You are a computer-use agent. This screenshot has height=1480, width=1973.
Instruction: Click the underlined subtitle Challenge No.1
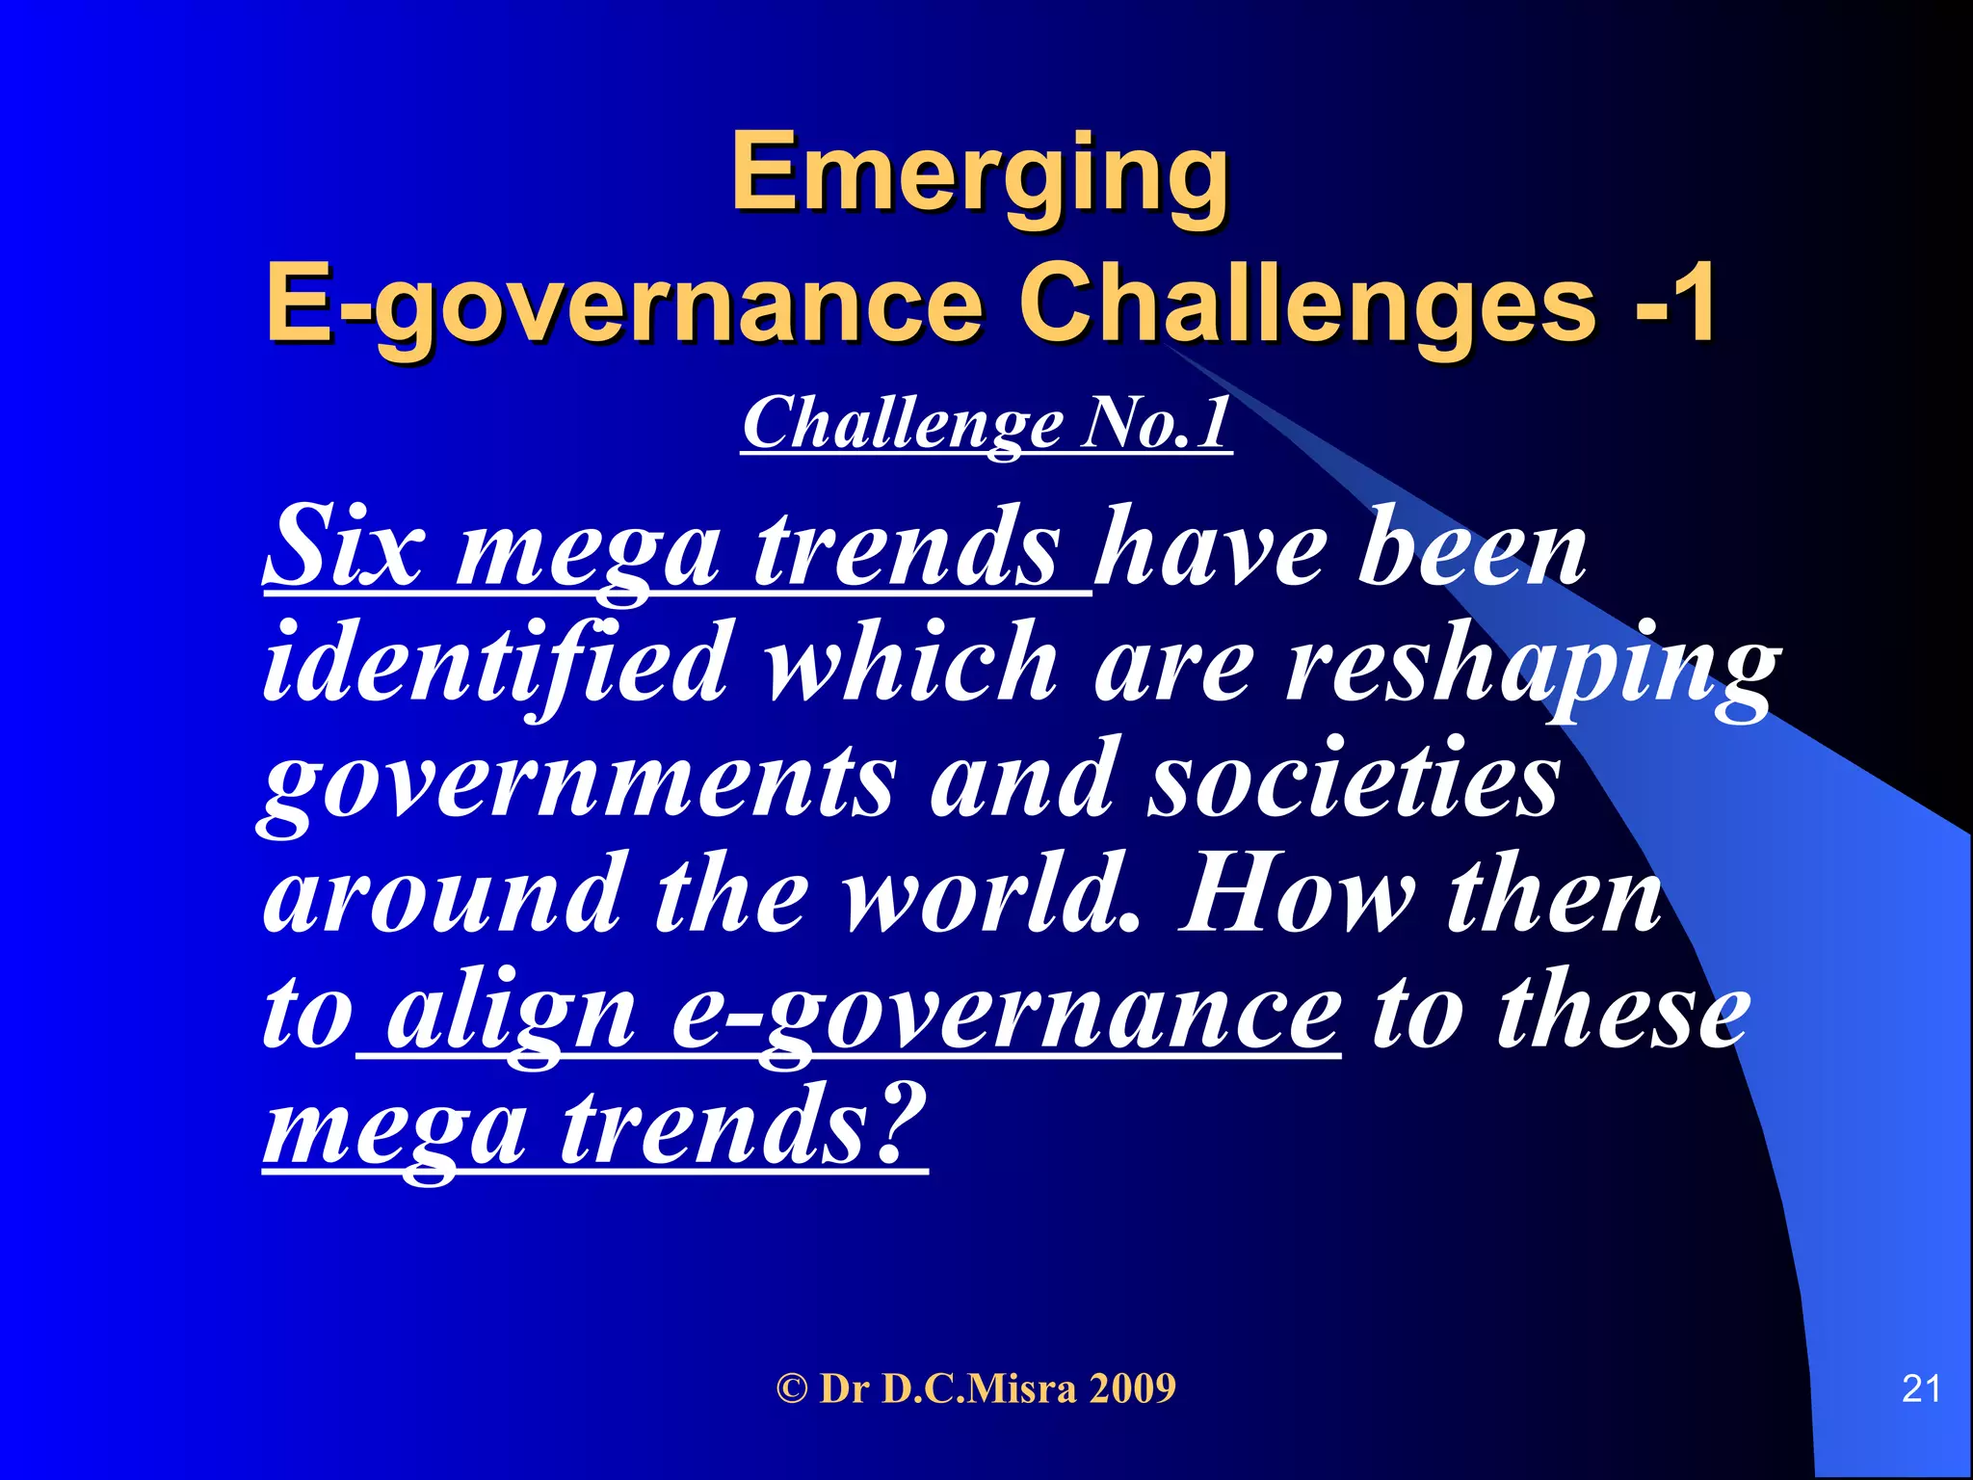point(986,424)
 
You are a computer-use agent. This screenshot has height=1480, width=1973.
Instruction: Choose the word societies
point(1353,780)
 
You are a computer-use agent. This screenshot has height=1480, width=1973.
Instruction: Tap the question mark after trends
point(901,1123)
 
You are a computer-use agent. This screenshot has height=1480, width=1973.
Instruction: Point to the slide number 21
point(1921,1388)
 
